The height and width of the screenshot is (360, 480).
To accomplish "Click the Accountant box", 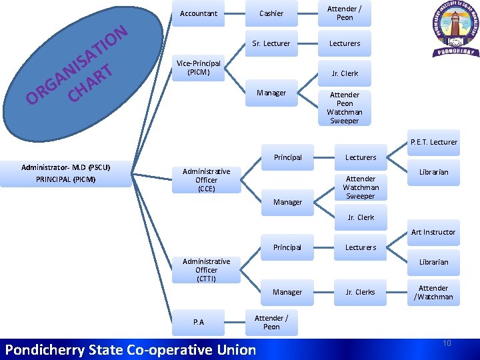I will point(198,13).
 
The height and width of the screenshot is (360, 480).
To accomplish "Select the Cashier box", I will point(271,13).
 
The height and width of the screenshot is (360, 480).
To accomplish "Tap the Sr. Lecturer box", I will point(271,43).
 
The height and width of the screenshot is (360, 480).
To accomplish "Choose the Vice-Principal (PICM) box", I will point(198,67).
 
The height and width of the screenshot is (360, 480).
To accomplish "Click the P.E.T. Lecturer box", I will point(434,142).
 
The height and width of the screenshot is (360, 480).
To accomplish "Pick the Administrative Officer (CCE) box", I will point(206,180).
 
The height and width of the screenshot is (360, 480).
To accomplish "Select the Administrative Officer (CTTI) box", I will point(206,270).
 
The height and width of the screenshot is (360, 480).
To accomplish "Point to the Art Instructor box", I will point(433,232).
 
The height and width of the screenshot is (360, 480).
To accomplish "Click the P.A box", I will point(199,322).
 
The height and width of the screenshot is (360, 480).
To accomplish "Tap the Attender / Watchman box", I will point(434,293).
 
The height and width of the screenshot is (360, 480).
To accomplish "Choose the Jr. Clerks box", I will point(360,292).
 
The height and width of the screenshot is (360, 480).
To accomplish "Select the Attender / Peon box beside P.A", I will point(271,322).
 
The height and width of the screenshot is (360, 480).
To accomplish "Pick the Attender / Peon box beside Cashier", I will point(345,13).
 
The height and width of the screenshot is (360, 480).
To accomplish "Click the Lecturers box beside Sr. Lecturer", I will point(345,43).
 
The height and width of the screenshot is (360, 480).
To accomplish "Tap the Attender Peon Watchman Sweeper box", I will point(345,108).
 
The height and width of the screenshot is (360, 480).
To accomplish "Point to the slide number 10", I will point(447,343).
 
